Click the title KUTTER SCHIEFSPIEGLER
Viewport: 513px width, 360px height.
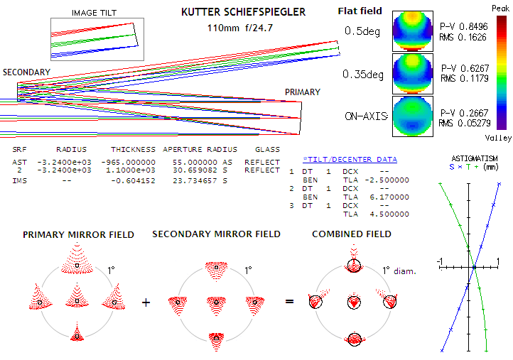pos(243,13)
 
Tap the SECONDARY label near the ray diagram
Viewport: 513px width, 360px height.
pos(26,72)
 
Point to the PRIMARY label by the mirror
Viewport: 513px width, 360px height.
pos(302,92)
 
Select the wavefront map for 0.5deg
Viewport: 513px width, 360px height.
pos(412,31)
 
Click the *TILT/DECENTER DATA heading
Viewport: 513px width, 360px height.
pos(350,159)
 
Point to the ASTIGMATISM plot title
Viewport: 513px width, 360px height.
pos(475,158)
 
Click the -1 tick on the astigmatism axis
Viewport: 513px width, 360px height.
pos(441,263)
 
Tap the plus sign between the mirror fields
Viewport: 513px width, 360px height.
pos(146,302)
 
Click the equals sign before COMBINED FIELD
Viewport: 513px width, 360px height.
pos(290,302)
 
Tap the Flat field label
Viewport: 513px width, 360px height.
pos(360,11)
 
